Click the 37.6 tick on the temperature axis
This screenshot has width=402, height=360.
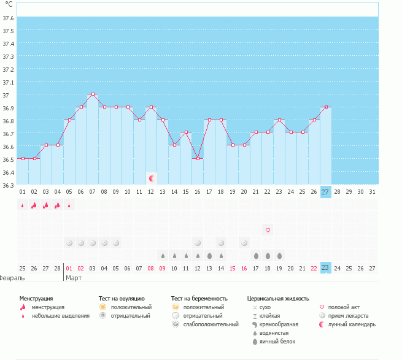tap(9, 18)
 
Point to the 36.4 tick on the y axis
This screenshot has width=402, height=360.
tap(9, 172)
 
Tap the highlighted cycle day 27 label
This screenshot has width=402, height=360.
tap(325, 192)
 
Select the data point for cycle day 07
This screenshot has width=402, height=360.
tap(93, 94)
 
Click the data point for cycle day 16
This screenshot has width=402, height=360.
tap(198, 158)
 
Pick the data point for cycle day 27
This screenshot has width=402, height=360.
tap(325, 107)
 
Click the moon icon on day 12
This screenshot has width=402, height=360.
tap(152, 178)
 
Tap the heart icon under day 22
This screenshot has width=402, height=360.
tap(268, 230)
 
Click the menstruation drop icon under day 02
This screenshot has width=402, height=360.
tap(34, 205)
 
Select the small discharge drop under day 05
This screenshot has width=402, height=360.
tap(69, 205)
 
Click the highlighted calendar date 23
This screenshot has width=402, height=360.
tap(325, 267)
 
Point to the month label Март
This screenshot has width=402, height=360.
tap(74, 278)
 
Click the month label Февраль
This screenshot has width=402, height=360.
tap(12, 278)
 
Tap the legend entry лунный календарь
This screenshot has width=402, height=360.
tap(352, 324)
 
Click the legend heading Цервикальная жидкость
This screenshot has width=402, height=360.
tap(277, 299)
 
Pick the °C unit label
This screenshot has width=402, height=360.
tap(9, 4)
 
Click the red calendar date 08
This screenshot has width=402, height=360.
tap(151, 267)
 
